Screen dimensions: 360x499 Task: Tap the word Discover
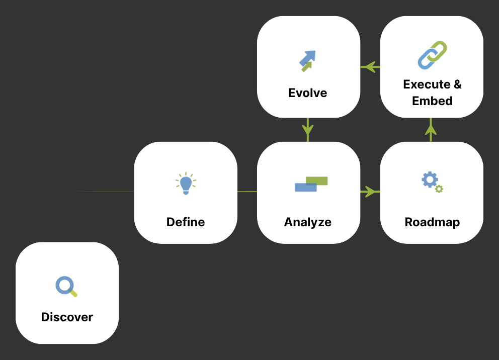(67, 317)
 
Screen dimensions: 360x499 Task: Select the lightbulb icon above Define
(186, 184)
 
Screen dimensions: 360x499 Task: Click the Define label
(186, 222)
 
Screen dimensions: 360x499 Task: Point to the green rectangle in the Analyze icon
(317, 181)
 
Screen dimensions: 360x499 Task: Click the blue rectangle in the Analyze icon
(305, 188)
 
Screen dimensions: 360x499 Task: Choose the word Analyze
(308, 222)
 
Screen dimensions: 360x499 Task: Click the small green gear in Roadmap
(439, 189)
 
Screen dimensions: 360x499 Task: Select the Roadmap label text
(432, 222)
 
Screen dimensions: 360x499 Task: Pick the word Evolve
(308, 93)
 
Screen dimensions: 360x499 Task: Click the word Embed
(432, 101)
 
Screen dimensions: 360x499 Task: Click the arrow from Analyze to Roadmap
(370, 192)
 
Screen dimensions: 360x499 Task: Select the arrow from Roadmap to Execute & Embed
(431, 130)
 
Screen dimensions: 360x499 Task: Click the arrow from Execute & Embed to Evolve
(370, 66)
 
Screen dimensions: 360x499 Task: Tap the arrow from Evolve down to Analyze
(308, 130)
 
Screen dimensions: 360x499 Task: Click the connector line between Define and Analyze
(247, 192)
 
